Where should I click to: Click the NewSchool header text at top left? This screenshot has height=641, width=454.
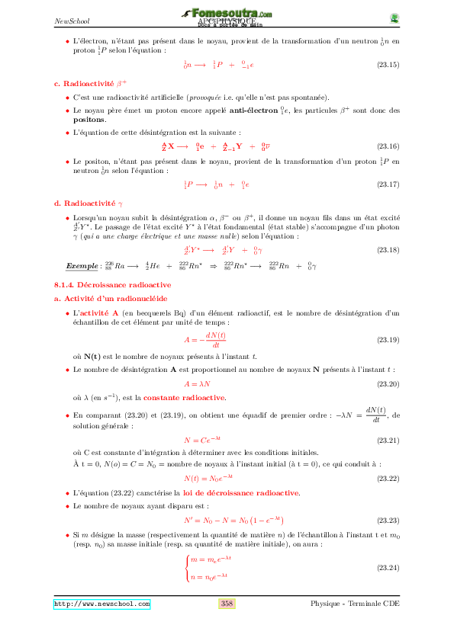68,21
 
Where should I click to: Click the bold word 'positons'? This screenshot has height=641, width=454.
89,120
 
